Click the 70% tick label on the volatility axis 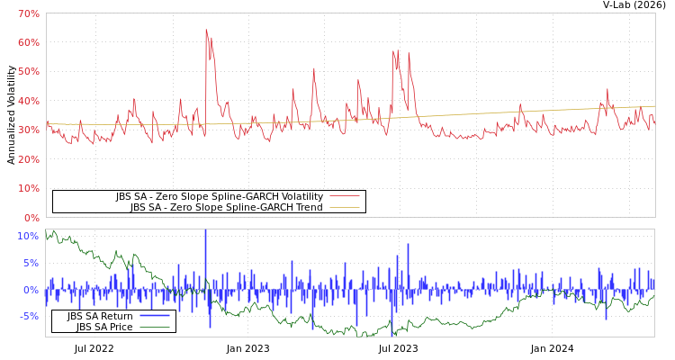click(28, 13)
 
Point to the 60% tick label click(28, 42)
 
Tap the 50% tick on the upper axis click(28, 72)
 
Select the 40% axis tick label click(28, 101)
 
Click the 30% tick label click(28, 130)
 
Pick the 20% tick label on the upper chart click(28, 159)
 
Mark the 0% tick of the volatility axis click(31, 218)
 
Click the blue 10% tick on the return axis click(28, 236)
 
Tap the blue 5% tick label click(31, 263)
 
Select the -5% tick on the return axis click(28, 316)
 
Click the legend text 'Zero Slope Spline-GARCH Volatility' click(219, 196)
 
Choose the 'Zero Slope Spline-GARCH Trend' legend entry click(226, 207)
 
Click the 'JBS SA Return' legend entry click(100, 316)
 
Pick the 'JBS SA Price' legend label click(104, 327)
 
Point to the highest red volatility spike click(206, 30)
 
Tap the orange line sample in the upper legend click(344, 207)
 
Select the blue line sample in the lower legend click(155, 316)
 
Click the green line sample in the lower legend click(155, 327)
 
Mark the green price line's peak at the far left click(53, 231)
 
